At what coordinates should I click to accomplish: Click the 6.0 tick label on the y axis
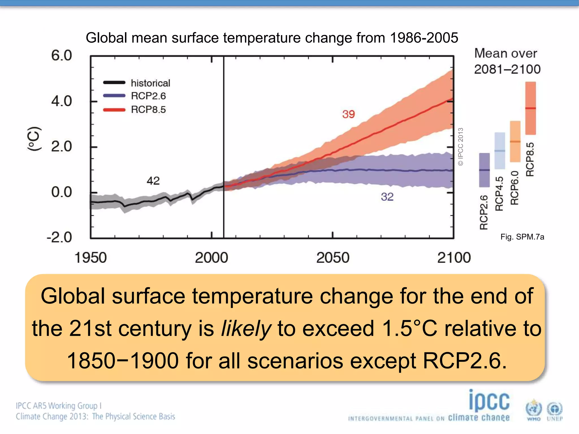[x=61, y=55]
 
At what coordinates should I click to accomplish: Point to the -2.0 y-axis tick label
[x=59, y=238]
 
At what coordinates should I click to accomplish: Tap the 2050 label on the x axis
[x=333, y=258]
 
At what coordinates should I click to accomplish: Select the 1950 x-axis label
[x=90, y=258]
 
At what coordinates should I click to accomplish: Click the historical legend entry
[x=150, y=83]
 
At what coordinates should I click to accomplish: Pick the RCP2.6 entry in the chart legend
[x=148, y=96]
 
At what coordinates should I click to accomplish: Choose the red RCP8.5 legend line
[x=114, y=110]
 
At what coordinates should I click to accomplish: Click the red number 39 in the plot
[x=348, y=114]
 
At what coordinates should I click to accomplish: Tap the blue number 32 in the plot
[x=387, y=197]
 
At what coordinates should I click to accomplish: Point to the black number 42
[x=153, y=181]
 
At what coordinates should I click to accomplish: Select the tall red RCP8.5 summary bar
[x=530, y=108]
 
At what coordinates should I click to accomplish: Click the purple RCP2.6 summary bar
[x=484, y=170]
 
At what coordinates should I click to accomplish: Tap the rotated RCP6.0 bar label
[x=515, y=188]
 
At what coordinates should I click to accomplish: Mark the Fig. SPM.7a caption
[x=522, y=237]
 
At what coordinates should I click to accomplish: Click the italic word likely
[x=246, y=329]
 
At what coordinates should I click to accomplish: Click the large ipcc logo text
[x=489, y=401]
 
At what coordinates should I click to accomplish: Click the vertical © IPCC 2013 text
[x=461, y=147]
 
